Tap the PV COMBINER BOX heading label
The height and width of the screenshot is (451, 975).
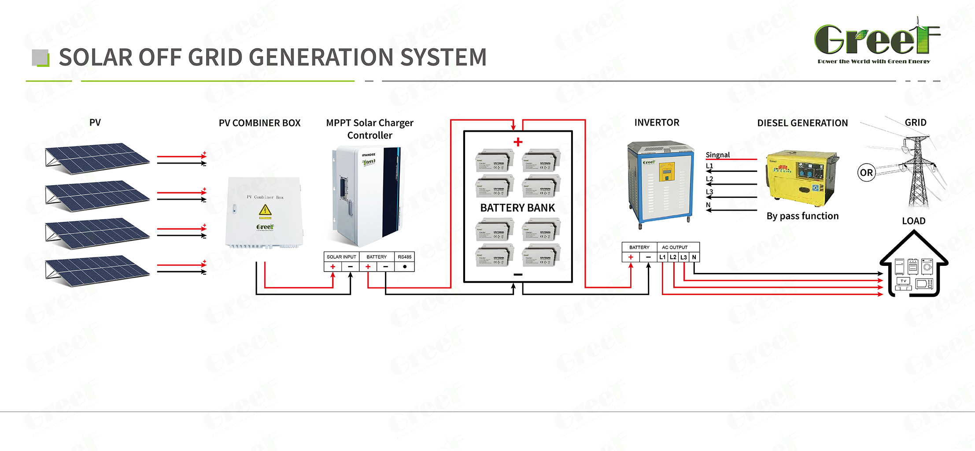pyautogui.click(x=259, y=123)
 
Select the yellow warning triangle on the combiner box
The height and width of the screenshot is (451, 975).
pyautogui.click(x=265, y=210)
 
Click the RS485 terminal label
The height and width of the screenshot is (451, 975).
pyautogui.click(x=404, y=257)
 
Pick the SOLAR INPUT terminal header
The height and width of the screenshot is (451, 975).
pyautogui.click(x=341, y=257)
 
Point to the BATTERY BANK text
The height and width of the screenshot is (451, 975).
pyautogui.click(x=517, y=208)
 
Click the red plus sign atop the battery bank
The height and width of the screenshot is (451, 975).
pyautogui.click(x=518, y=142)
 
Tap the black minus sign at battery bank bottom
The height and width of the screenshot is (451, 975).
pyautogui.click(x=518, y=274)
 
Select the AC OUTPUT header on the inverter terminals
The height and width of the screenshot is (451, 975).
pyautogui.click(x=674, y=247)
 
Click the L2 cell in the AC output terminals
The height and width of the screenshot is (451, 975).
pyautogui.click(x=673, y=257)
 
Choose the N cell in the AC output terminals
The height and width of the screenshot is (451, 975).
pyautogui.click(x=694, y=257)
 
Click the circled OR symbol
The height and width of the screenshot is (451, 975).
pyautogui.click(x=866, y=172)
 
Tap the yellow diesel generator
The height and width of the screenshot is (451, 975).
pyautogui.click(x=802, y=179)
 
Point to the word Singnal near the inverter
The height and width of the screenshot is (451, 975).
pyautogui.click(x=717, y=155)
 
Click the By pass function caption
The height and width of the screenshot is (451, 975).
pyautogui.click(x=802, y=216)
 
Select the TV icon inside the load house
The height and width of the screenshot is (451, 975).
pyautogui.click(x=903, y=281)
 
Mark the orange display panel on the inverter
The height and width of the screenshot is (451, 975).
pyautogui.click(x=666, y=172)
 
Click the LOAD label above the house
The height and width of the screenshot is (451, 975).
pyautogui.click(x=913, y=221)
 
